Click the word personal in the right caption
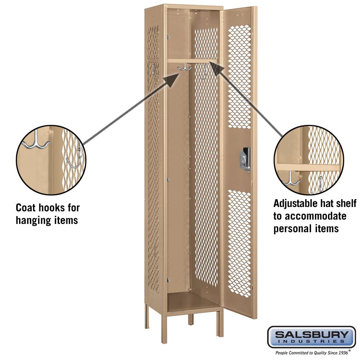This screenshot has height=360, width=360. (289, 229)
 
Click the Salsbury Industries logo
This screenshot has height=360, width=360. (311, 337)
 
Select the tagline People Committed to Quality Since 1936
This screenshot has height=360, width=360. (313, 352)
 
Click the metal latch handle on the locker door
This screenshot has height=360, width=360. (245, 159)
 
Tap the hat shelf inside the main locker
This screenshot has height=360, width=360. (192, 61)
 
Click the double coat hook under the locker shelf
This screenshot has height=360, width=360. (184, 67)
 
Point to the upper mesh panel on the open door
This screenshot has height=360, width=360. (239, 77)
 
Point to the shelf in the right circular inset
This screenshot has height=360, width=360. (308, 167)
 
